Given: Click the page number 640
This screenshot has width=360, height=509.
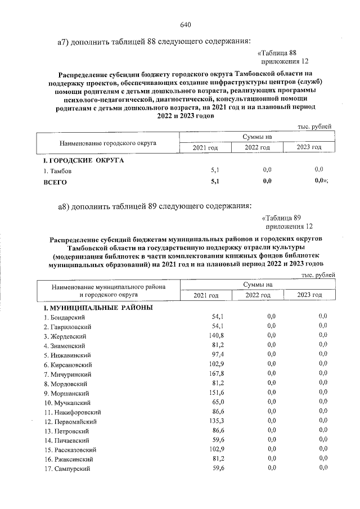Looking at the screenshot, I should coord(186,25).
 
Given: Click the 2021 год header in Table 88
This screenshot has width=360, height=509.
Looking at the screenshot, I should coord(205,147).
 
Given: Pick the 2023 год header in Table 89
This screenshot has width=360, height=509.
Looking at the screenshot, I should coord(309,295).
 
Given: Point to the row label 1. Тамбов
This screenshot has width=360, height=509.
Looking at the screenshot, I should coord(58,170).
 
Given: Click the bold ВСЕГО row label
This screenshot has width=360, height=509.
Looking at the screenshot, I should coord(55,182).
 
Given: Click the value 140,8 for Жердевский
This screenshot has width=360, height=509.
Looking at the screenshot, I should coord(216,336).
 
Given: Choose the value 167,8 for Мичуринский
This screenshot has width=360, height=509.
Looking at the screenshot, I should coord(216,374).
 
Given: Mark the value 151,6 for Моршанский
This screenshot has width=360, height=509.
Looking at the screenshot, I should coord(216,393).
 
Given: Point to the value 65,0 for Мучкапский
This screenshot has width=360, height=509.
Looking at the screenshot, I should coord(218,402).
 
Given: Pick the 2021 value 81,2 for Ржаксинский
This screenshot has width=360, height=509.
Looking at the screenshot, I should coord(218,459).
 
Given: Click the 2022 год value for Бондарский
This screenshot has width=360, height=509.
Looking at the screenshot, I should coord(271,317).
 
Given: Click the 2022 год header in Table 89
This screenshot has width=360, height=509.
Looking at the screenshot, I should coord(258,295).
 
